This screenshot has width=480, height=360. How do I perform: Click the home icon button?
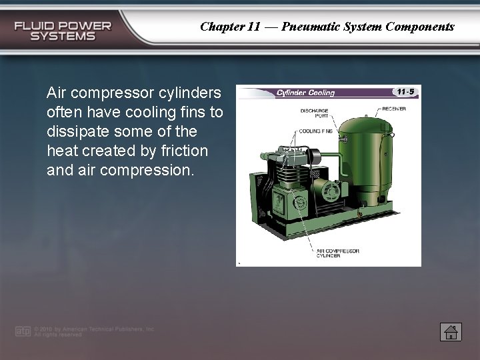pos(451,331)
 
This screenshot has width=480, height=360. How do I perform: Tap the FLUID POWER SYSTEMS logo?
pos(63,31)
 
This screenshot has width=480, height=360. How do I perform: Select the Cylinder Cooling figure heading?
pos(305,93)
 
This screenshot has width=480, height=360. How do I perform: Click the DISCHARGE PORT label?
pos(313,114)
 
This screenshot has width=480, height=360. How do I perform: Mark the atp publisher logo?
pos(23,331)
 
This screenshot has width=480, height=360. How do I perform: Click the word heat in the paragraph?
pos(61,151)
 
